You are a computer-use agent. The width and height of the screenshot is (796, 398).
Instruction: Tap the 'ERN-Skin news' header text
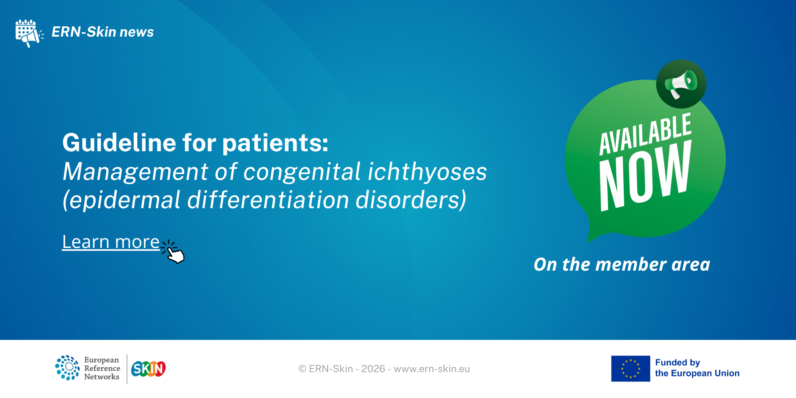pos(103,32)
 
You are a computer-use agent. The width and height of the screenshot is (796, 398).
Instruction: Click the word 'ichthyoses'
pos(427,172)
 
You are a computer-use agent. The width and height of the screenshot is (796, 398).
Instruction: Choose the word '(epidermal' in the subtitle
pos(121,200)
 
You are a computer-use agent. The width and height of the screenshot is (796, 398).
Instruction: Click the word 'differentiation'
pos(268,199)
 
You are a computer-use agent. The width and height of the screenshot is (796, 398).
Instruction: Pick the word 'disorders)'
pos(411,199)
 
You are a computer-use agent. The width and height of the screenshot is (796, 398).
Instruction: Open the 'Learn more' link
pos(111,242)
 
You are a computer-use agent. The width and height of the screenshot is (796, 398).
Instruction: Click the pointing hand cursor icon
pos(173,252)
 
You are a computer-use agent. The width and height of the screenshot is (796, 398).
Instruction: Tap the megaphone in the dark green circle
pos(681,84)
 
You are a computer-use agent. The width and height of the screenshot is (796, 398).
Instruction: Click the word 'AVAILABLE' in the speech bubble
pos(645,134)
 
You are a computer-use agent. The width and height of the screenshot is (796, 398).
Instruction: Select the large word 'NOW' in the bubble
pos(645,176)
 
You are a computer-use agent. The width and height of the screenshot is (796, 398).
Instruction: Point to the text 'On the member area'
pos(622,265)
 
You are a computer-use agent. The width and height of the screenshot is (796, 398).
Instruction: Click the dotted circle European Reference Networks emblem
pos(67,368)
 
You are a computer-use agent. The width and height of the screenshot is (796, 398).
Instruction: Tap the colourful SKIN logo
pos(148,369)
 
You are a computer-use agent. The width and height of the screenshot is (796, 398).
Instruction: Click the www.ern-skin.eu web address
pos(432,369)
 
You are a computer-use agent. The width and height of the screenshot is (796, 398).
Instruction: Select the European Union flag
pos(631,369)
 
